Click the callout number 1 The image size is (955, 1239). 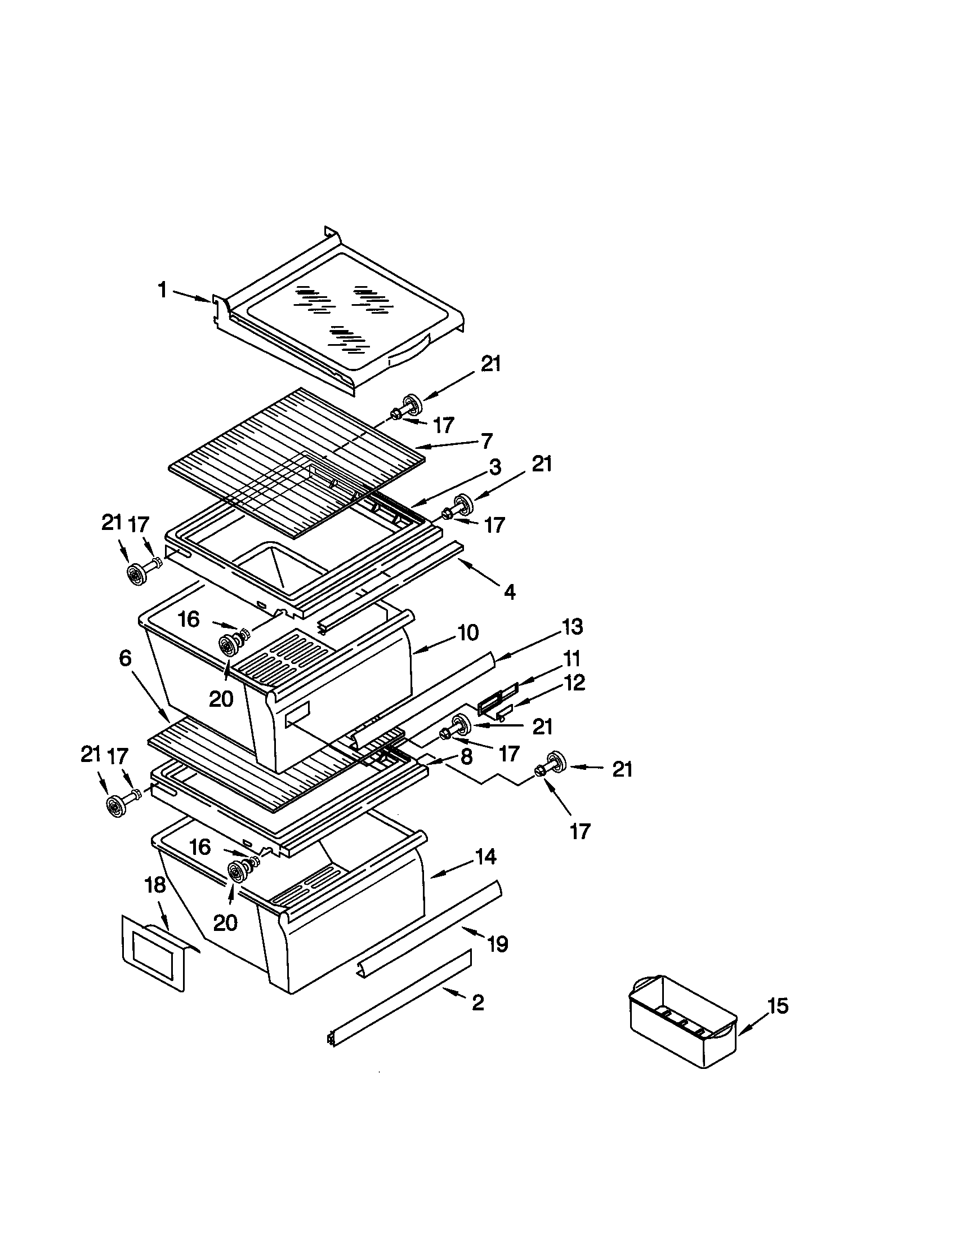click(162, 291)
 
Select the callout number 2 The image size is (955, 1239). click(478, 1002)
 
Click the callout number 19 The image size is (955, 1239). click(497, 944)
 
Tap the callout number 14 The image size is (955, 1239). click(486, 857)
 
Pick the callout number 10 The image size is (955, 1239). click(468, 632)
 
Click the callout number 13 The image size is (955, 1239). click(572, 627)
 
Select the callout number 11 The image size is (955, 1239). click(572, 659)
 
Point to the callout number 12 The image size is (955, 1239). click(574, 683)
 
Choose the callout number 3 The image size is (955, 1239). click(494, 467)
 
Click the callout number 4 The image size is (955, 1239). click(509, 592)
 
